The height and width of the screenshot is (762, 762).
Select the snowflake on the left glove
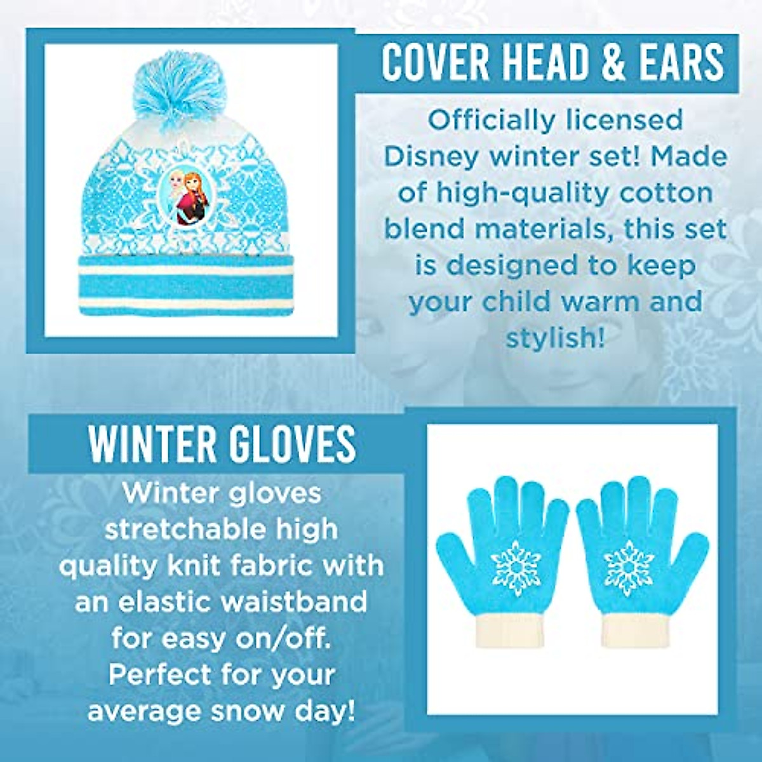click(x=516, y=567)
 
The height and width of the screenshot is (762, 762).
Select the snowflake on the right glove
click(x=629, y=567)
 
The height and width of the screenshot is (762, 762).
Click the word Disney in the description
click(x=425, y=156)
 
